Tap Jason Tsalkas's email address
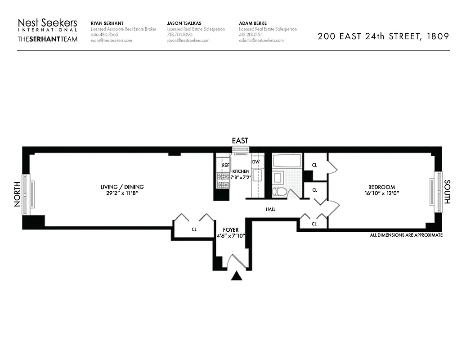(x=188, y=40)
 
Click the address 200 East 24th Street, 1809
(x=383, y=36)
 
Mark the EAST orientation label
(x=240, y=141)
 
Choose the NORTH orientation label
(x=18, y=194)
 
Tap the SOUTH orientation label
(x=447, y=192)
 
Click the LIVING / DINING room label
(x=122, y=187)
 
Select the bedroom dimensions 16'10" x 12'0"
(x=381, y=193)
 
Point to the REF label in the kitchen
(x=225, y=165)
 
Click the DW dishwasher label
(x=255, y=162)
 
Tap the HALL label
(x=270, y=209)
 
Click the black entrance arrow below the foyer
(x=237, y=276)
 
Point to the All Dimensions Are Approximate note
(x=406, y=235)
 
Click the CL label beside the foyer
(x=194, y=229)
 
